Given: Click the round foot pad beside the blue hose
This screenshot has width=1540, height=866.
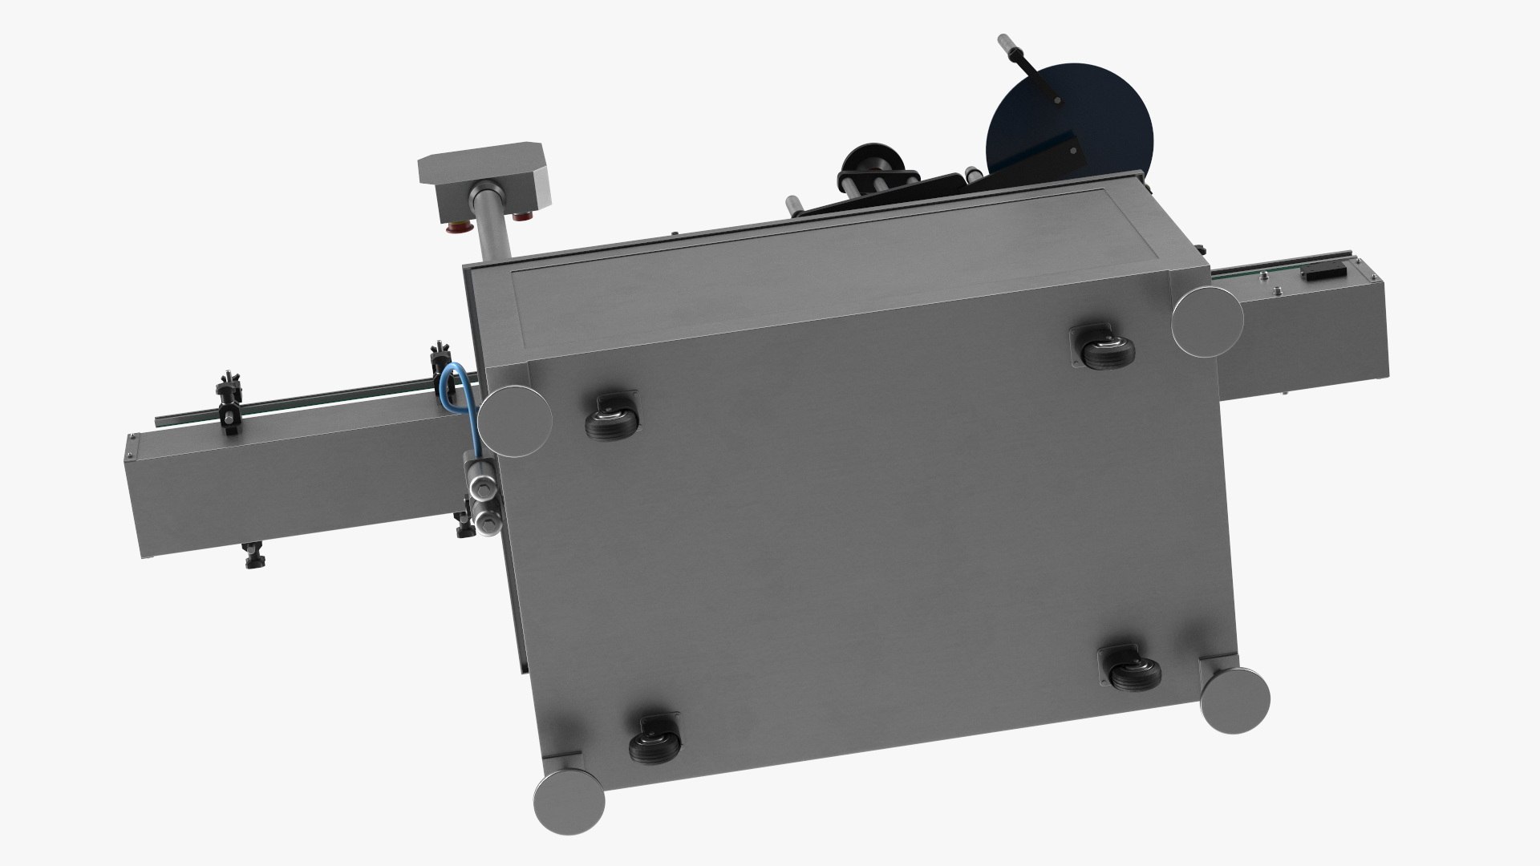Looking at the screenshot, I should (x=516, y=422).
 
